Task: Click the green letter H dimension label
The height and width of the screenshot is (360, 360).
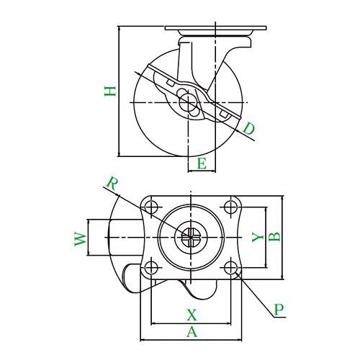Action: pyautogui.click(x=110, y=91)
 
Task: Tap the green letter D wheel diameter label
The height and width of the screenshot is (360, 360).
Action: pyautogui.click(x=248, y=128)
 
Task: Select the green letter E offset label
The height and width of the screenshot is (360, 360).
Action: pyautogui.click(x=202, y=164)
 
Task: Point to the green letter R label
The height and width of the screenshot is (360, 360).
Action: pyautogui.click(x=112, y=184)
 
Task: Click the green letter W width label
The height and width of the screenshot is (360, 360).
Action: pyautogui.click(x=81, y=239)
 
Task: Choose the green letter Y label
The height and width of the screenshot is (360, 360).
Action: pyautogui.click(x=257, y=237)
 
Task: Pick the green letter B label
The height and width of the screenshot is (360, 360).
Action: pyautogui.click(x=274, y=237)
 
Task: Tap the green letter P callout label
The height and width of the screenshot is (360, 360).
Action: pyautogui.click(x=279, y=310)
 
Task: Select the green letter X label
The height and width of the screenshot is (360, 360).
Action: pyautogui.click(x=192, y=315)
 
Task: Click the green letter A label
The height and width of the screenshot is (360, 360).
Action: pyautogui.click(x=192, y=332)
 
